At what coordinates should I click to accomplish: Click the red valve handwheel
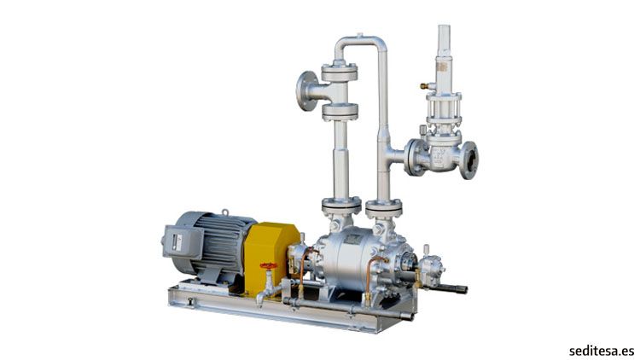click(269, 265)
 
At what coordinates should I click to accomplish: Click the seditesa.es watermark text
click(602, 351)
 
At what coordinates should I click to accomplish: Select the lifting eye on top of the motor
click(224, 212)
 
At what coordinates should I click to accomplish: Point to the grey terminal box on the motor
click(183, 242)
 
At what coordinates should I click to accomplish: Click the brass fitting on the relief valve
click(425, 86)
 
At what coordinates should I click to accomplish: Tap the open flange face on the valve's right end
click(470, 160)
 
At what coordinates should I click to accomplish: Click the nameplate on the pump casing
click(352, 239)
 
